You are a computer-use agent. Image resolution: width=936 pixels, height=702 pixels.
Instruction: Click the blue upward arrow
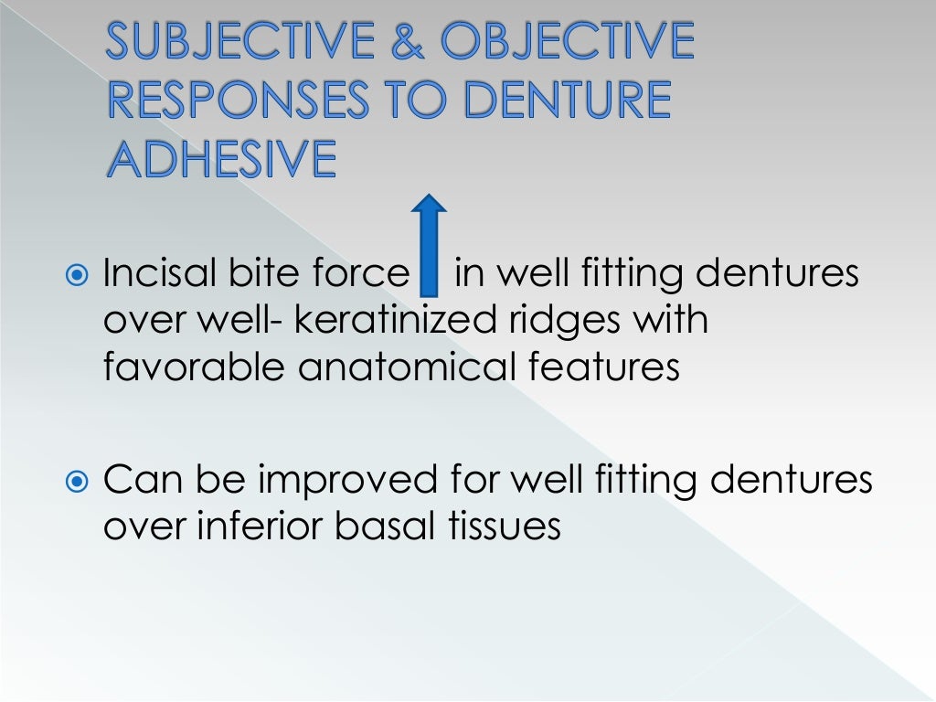coord(429,244)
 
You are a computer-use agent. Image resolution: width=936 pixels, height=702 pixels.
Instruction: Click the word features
coord(605,369)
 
